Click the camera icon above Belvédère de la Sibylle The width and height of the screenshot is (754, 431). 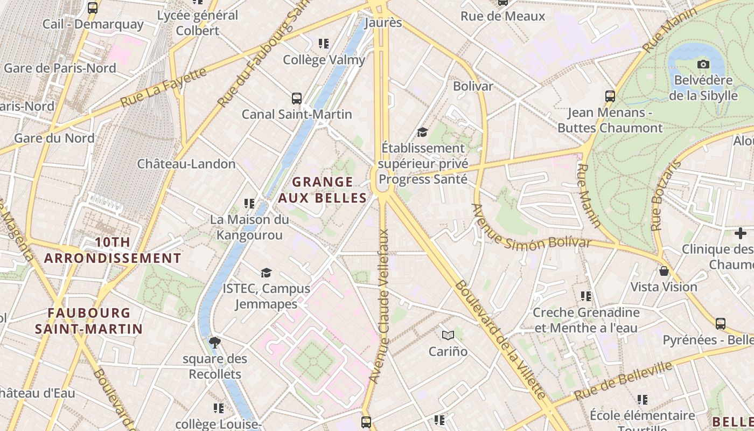click(703, 65)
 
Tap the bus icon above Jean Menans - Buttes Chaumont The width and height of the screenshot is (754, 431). click(610, 96)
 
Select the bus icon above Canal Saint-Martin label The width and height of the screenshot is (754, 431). click(296, 98)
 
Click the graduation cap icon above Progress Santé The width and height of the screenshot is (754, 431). click(422, 132)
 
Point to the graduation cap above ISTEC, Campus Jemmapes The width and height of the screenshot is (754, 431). click(266, 273)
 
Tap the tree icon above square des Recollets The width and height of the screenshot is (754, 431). click(214, 342)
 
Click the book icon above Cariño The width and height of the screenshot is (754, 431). click(448, 336)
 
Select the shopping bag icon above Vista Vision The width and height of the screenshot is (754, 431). click(664, 270)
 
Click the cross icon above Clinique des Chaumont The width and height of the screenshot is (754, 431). click(741, 233)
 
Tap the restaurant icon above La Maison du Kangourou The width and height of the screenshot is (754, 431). click(249, 203)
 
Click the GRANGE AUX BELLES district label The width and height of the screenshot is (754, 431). click(323, 190)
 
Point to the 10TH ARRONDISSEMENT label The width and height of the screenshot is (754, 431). click(113, 250)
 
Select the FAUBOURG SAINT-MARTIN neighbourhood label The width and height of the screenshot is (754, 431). click(89, 321)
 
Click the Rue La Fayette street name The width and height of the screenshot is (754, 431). click(164, 87)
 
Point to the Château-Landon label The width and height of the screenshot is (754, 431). click(186, 164)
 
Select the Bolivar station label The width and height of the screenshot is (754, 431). click(473, 86)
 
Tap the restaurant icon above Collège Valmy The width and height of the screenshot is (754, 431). click(323, 43)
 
